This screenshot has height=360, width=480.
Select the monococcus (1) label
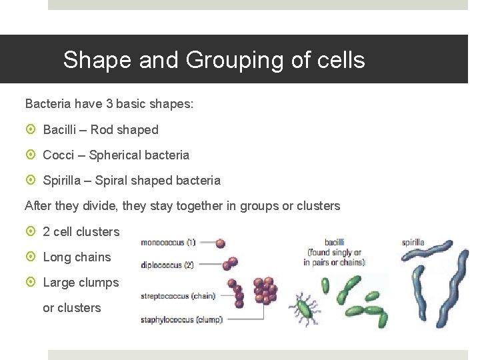167,243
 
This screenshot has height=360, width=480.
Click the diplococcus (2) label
167,265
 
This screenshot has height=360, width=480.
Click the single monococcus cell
220,244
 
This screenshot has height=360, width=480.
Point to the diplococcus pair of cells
229,263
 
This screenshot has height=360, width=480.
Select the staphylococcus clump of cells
266,291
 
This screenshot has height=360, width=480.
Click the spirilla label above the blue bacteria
413,243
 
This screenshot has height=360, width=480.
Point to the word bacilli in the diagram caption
334,243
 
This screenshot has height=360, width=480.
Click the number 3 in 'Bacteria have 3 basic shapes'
109,105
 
